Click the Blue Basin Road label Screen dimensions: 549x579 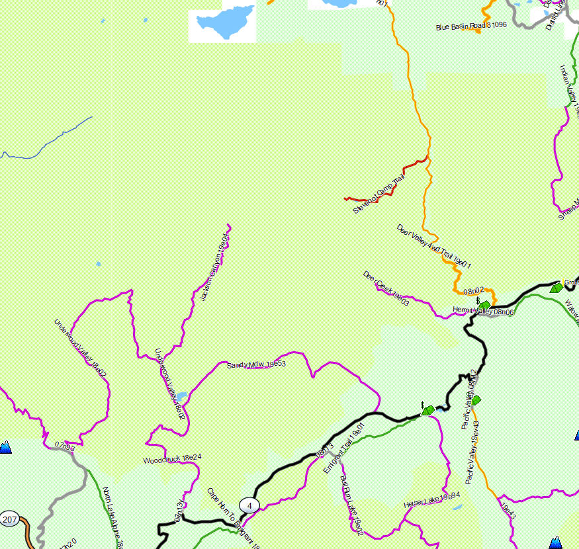tap(470, 26)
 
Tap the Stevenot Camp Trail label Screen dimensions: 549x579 tap(379, 194)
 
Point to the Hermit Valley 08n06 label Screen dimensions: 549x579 tap(483, 311)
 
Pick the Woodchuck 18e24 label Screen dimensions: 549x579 tap(172, 458)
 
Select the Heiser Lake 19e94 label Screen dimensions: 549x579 tap(431, 501)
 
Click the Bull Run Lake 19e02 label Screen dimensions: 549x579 tap(351, 504)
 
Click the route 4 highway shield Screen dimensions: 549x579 tap(249, 505)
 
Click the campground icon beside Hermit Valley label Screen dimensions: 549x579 tap(485, 304)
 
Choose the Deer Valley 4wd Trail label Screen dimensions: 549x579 tap(434, 247)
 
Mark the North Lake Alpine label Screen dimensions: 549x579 tap(112, 520)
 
